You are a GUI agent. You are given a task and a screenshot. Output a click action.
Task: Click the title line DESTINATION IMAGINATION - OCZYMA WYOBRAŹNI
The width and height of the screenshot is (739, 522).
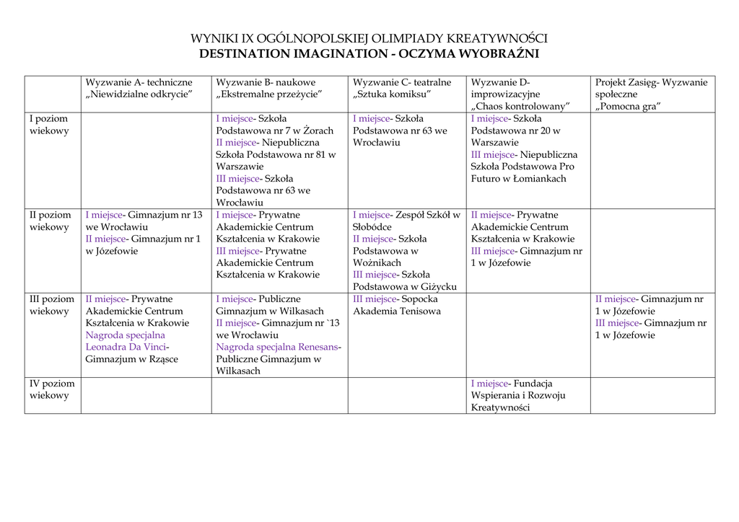tap(369, 54)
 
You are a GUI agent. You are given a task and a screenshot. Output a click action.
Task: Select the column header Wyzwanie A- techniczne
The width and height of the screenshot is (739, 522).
tap(139, 83)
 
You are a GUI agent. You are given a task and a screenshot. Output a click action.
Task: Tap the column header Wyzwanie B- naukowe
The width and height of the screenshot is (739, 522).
tap(266, 83)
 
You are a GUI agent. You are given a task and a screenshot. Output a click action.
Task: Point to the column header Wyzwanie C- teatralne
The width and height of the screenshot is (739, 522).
tap(401, 83)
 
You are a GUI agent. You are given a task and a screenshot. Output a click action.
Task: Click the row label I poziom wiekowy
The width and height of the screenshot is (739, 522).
tap(49, 125)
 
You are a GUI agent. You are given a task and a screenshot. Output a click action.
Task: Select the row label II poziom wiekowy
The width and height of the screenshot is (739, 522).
tap(51, 221)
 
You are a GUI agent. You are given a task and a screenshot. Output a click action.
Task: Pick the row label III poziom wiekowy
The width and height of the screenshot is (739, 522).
tap(52, 305)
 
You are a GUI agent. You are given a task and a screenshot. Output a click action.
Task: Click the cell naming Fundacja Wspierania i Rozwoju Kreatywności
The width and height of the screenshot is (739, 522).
tap(517, 396)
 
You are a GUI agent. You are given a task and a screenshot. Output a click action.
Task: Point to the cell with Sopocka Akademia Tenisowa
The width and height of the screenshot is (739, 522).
tap(396, 305)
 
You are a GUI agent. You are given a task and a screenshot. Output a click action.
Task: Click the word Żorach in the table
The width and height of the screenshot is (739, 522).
tap(318, 131)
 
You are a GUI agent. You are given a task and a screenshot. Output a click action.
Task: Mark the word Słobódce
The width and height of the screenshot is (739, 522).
tap(372, 227)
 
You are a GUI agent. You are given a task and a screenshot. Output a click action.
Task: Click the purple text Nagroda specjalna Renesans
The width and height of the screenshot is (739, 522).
tap(277, 348)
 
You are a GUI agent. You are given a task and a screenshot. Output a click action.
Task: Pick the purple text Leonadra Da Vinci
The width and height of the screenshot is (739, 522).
tap(126, 348)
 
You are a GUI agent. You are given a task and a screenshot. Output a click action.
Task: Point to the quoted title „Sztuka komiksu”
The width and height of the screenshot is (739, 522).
tap(392, 94)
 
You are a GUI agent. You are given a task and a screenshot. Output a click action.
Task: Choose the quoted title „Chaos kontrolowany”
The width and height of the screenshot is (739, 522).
tap(520, 107)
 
